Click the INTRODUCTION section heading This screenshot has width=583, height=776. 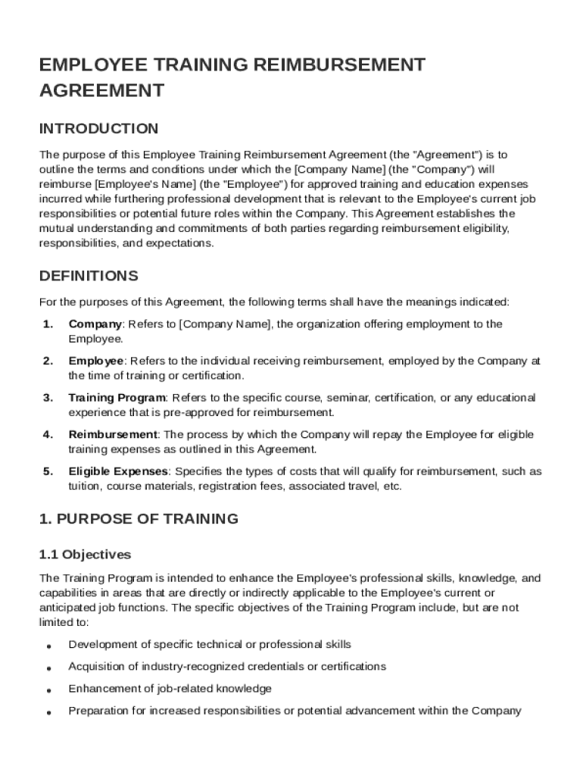(98, 128)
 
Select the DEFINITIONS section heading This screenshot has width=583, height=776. (89, 275)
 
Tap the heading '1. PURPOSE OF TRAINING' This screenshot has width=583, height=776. (139, 519)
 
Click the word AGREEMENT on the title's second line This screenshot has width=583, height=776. (101, 91)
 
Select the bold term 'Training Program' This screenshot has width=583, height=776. (117, 398)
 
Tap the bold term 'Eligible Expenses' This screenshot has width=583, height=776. (118, 471)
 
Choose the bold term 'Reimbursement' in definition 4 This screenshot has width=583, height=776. (113, 435)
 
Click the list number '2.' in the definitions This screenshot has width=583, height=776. (48, 361)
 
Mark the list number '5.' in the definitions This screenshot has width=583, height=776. (48, 471)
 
